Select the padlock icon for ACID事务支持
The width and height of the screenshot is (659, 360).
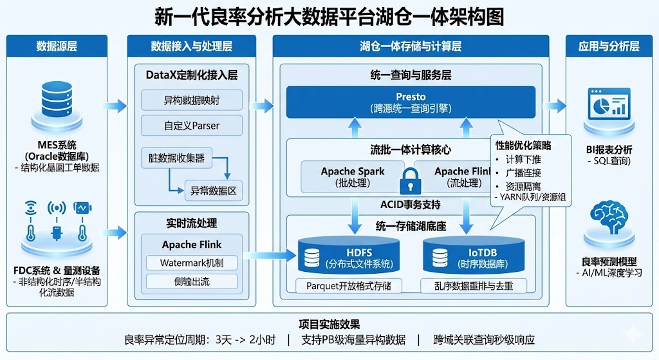[409, 181]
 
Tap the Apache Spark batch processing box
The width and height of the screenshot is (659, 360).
[353, 176]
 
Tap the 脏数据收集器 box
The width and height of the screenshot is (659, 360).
[177, 157]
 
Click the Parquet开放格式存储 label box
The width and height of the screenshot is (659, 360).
[348, 285]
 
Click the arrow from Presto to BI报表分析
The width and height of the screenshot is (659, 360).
[554, 104]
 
